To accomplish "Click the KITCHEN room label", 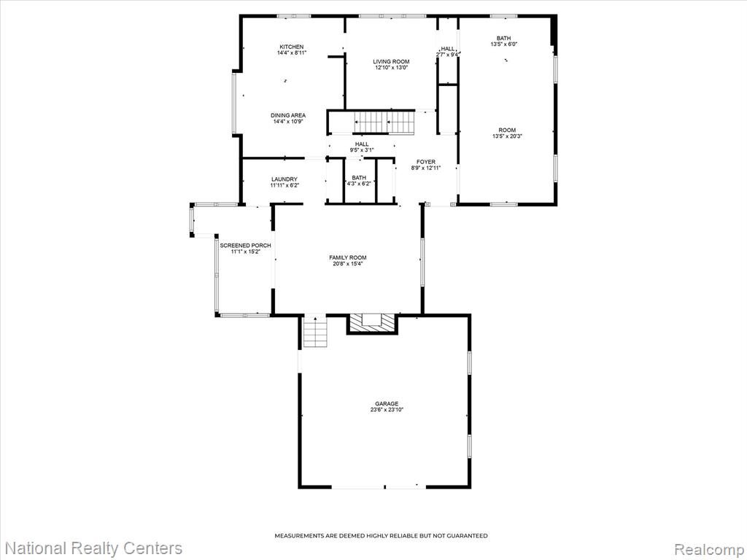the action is (x=292, y=47).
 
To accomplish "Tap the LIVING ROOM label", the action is (x=391, y=61).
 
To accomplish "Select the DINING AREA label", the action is (x=288, y=115).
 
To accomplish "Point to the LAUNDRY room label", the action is (x=285, y=179).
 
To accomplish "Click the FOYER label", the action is (x=426, y=162).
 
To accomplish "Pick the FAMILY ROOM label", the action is (x=348, y=257).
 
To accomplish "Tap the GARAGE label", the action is (x=387, y=404).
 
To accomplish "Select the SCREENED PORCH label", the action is (x=245, y=245).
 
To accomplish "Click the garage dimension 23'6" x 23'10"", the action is (x=387, y=410).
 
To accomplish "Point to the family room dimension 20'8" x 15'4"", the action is (x=348, y=264).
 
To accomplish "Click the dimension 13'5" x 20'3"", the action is (x=508, y=136).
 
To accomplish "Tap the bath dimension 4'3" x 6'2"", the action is (x=359, y=184).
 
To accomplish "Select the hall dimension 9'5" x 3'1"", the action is (x=362, y=150).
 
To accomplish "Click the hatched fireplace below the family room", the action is (x=371, y=323).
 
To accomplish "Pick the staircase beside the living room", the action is (x=384, y=122).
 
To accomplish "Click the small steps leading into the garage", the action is (x=315, y=332).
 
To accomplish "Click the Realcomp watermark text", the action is (x=709, y=548).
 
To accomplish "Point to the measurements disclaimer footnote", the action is (x=381, y=536).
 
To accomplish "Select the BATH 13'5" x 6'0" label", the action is (x=503, y=41).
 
